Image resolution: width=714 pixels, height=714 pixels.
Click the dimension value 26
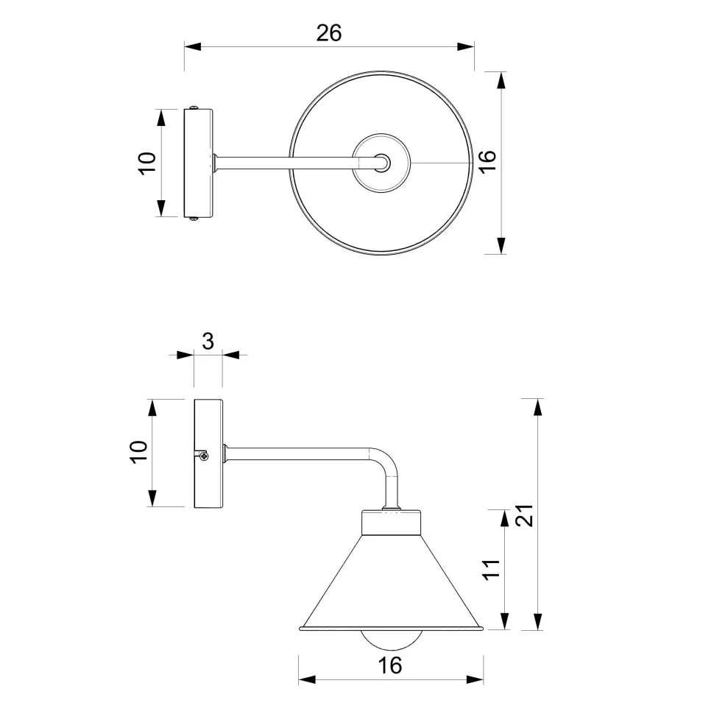[x=329, y=32]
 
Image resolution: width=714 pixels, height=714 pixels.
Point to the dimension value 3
[x=208, y=341]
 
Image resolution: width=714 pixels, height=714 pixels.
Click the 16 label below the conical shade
[x=390, y=665]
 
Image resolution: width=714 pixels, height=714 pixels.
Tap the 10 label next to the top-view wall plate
[x=147, y=163]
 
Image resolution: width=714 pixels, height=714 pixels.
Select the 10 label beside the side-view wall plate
[x=139, y=452]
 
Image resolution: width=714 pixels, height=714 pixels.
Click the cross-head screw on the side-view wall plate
[x=204, y=456]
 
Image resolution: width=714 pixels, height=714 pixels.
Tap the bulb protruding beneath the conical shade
[x=391, y=637]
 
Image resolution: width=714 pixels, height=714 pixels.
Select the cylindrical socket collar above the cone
[x=391, y=523]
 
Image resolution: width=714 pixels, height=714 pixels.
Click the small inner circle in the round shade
[x=381, y=163]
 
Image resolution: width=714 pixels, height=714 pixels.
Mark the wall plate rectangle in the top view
[x=198, y=163]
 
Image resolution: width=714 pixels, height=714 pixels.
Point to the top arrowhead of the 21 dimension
[x=538, y=407]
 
